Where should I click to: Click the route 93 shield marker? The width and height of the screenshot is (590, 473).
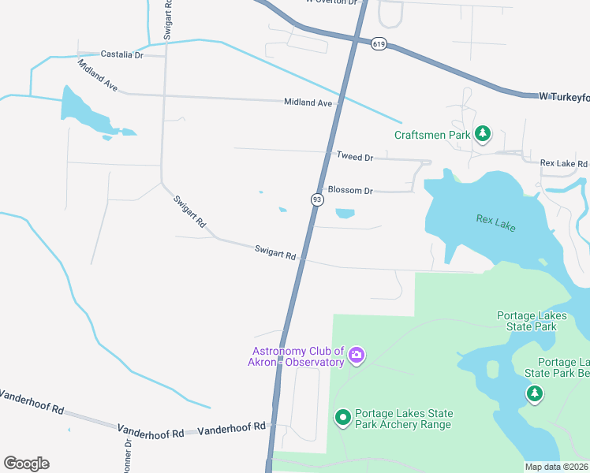(x=316, y=200)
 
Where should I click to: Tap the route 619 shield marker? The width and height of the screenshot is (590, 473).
(x=379, y=45)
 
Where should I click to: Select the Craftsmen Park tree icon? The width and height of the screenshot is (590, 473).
(x=483, y=135)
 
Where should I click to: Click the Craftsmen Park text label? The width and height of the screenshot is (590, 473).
(x=432, y=135)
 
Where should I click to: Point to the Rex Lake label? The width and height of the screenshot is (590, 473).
(x=495, y=221)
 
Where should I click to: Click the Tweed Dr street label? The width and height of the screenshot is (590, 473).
(x=354, y=157)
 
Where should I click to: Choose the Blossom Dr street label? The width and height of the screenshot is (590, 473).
(x=350, y=190)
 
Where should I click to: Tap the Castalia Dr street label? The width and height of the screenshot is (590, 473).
(x=121, y=54)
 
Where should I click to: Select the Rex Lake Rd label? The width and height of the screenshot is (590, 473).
(x=564, y=163)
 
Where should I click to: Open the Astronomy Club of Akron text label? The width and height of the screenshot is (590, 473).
(x=298, y=356)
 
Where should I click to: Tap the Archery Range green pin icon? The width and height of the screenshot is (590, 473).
(x=343, y=417)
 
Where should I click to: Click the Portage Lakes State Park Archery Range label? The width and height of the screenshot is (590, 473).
(x=403, y=419)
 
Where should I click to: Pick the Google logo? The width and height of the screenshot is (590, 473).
(x=26, y=464)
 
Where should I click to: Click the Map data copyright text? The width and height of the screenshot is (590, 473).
(x=556, y=467)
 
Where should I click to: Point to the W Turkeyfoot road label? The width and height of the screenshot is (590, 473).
(x=564, y=96)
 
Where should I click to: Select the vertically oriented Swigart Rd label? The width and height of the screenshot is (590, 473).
(x=168, y=20)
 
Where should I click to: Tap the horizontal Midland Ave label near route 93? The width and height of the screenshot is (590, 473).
(x=308, y=102)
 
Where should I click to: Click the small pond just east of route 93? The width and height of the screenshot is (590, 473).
(x=345, y=213)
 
